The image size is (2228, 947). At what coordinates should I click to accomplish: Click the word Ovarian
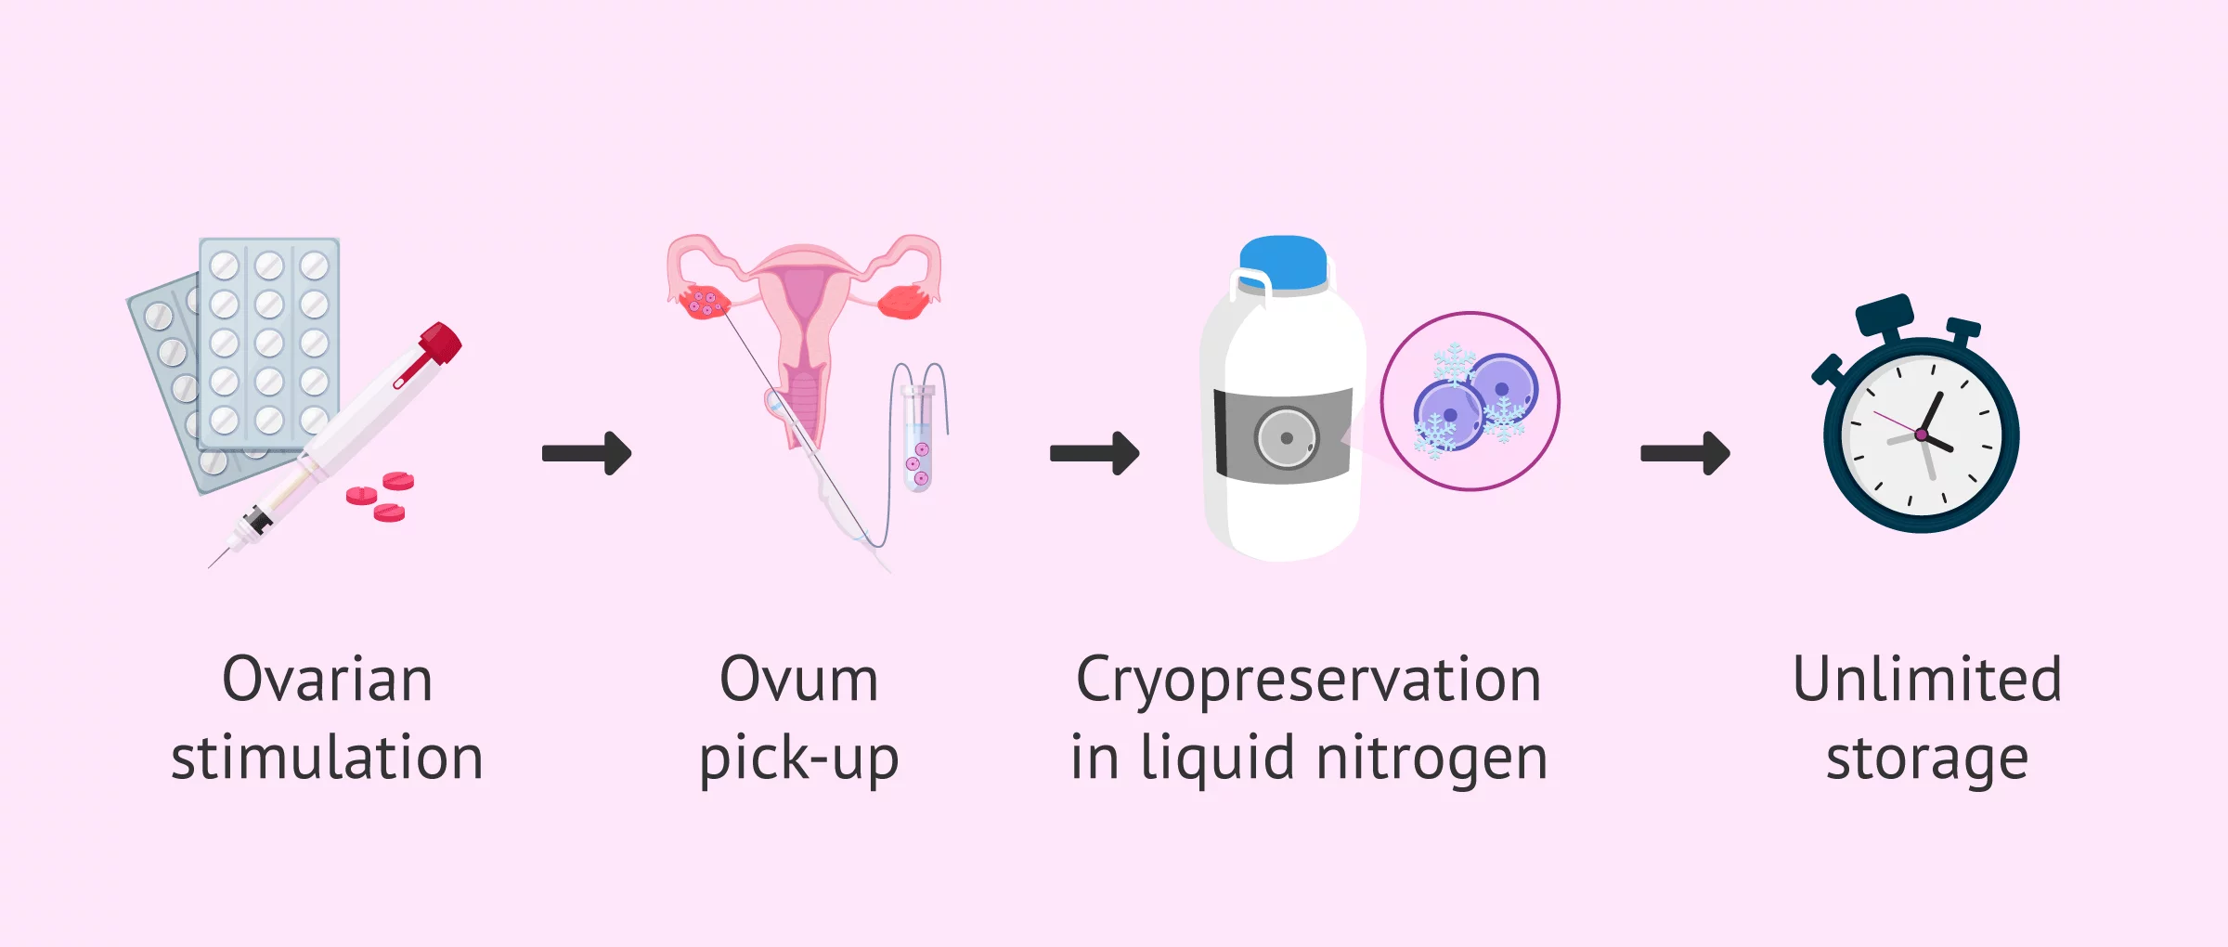[x=327, y=680]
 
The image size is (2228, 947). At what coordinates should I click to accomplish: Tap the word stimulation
[x=327, y=758]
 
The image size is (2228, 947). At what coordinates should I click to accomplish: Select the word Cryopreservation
[x=1309, y=681]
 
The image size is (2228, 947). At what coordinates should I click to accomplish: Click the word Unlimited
[x=1927, y=680]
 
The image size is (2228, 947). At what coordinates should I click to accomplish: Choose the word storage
[x=1927, y=759]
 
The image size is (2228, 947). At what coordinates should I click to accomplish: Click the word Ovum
[x=798, y=680]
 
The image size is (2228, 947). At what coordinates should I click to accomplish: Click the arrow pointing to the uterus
[x=587, y=453]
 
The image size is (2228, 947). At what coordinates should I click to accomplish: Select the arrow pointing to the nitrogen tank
[x=1095, y=453]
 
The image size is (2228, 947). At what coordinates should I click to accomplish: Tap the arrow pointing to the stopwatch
[x=1685, y=453]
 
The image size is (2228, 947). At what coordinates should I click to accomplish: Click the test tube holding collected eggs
[x=918, y=440]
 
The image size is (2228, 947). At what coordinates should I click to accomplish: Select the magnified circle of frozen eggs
[x=1470, y=401]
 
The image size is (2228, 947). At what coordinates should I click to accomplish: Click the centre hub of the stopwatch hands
[x=1921, y=435]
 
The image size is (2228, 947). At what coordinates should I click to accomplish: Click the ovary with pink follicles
[x=703, y=302]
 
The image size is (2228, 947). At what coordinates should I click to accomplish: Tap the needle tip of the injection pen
[x=213, y=564]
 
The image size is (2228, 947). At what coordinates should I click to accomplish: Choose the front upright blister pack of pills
[x=269, y=344]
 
